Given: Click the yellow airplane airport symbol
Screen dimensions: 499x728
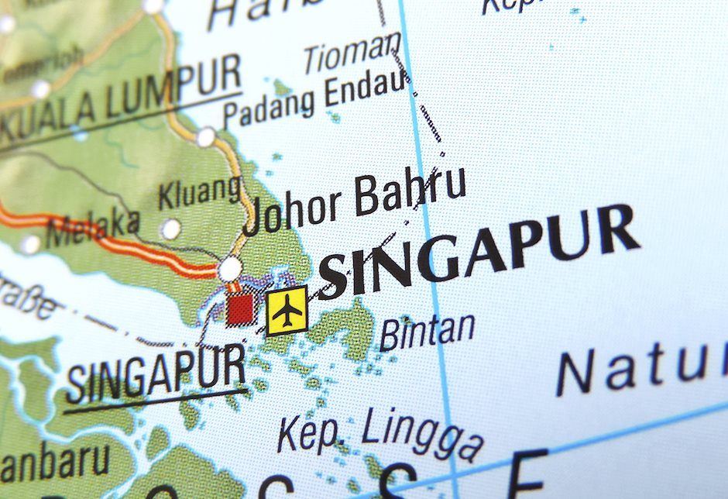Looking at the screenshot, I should point(287,311).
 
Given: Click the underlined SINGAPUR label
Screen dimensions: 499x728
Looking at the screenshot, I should point(156,370).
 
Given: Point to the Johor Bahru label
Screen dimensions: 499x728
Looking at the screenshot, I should point(355,201).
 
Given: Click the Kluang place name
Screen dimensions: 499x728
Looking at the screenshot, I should point(200,193).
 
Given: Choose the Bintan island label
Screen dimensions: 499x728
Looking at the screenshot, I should point(427,330).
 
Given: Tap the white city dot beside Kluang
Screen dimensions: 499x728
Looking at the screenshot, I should point(170,229).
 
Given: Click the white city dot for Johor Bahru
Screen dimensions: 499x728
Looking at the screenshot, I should point(230,269).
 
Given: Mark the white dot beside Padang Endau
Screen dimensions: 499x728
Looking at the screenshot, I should point(206,137).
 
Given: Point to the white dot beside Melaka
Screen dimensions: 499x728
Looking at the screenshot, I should point(30,245).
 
